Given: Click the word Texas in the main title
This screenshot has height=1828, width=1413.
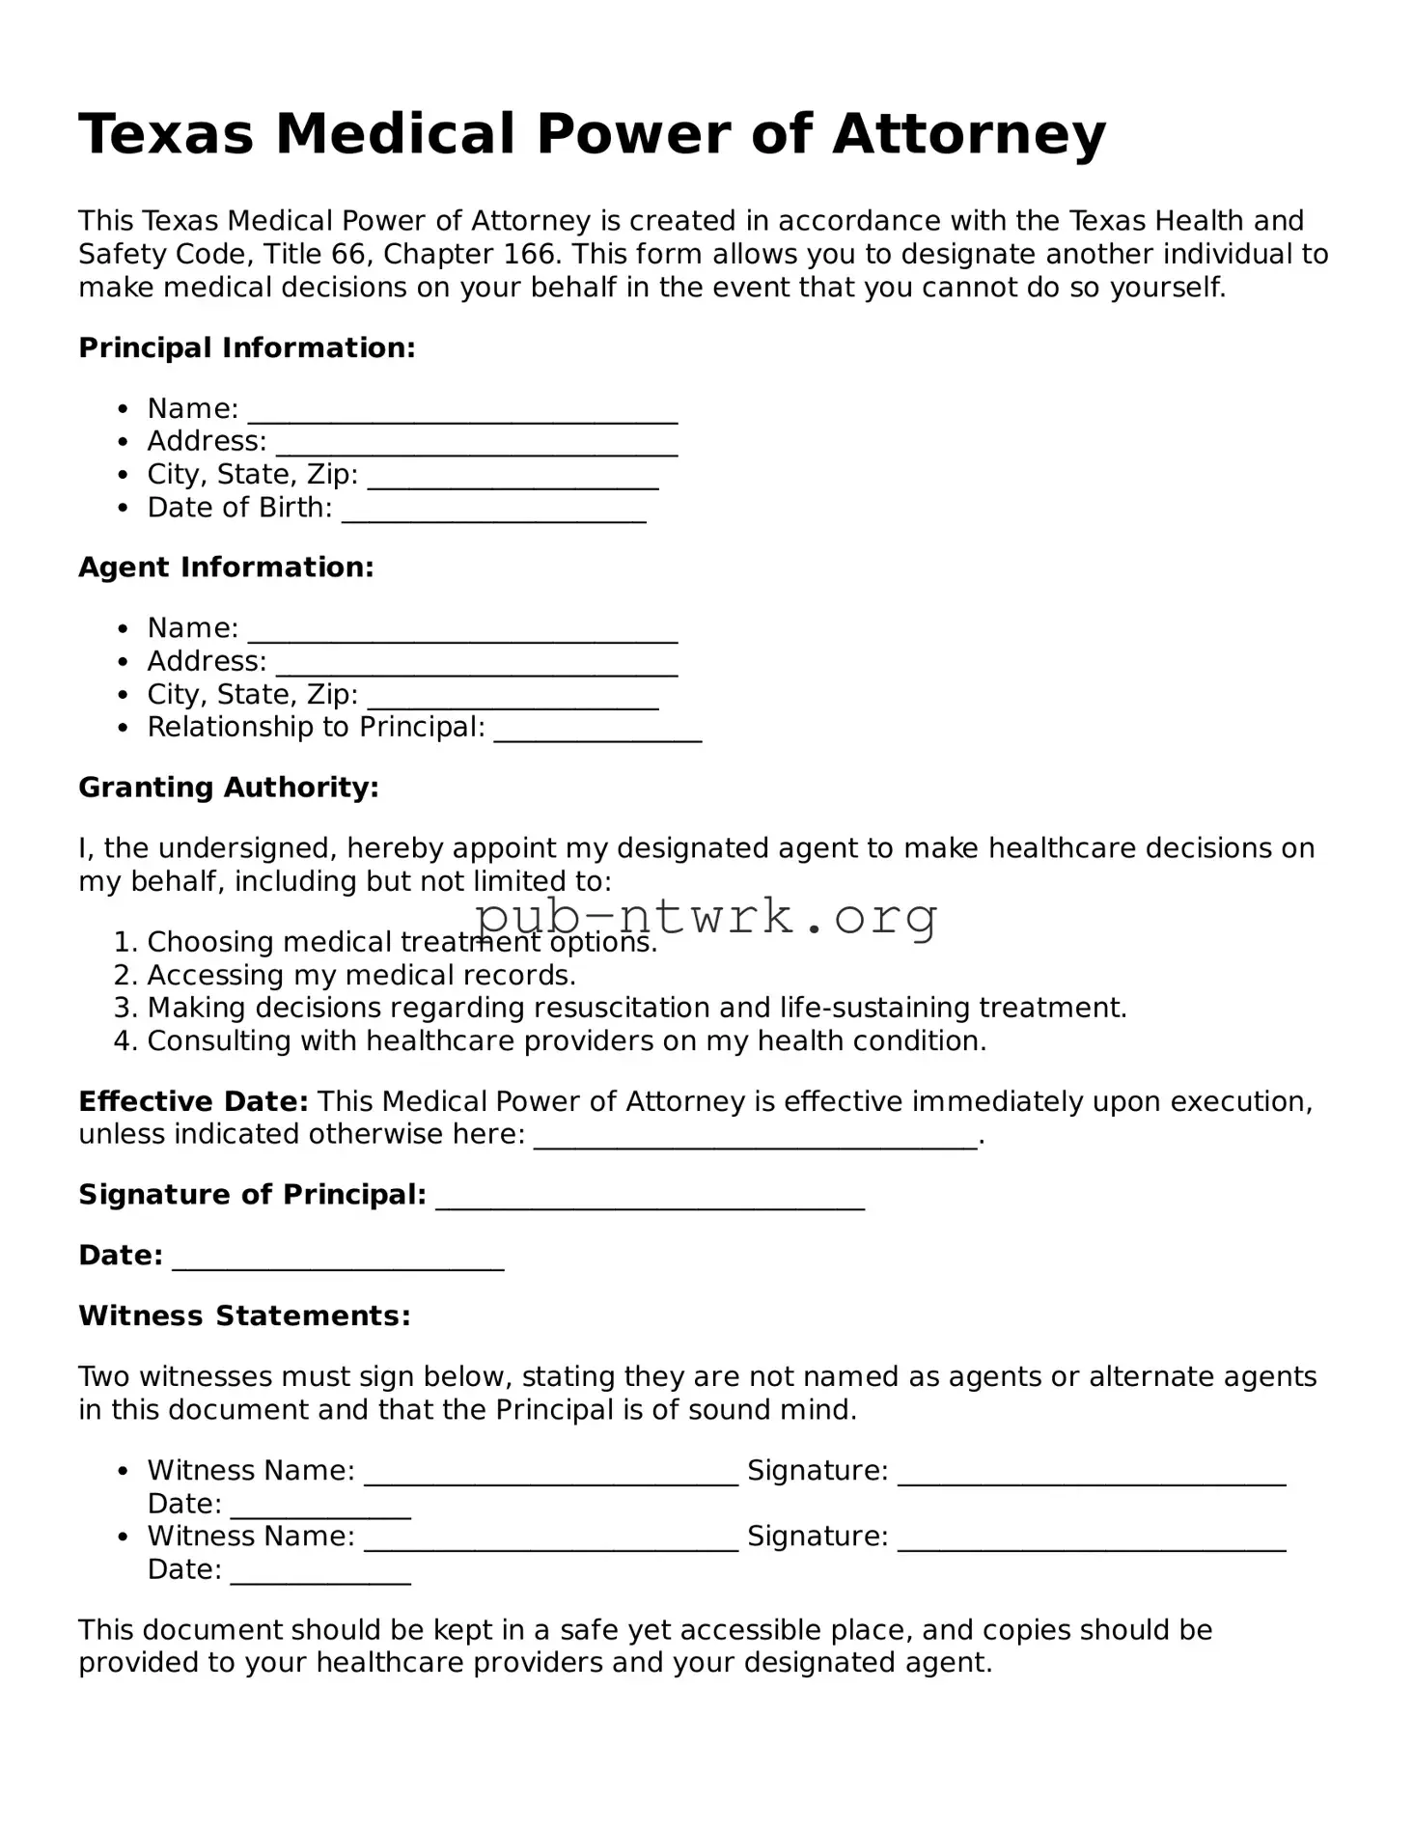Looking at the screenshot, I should (x=166, y=134).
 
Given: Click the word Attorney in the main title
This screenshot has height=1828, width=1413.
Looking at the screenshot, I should (x=968, y=134).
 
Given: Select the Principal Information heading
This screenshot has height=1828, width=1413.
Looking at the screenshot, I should (x=246, y=347).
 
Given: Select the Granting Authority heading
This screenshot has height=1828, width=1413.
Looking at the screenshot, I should (x=229, y=788).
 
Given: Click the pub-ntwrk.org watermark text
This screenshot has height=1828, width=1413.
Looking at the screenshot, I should (x=706, y=916).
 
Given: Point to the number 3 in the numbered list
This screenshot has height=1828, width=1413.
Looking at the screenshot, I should (x=123, y=1009).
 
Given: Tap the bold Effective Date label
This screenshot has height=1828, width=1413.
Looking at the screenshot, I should (x=193, y=1101).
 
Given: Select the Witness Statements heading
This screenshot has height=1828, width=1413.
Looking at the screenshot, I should (x=244, y=1316).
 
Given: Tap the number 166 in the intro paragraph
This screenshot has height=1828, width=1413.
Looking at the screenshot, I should (x=529, y=255).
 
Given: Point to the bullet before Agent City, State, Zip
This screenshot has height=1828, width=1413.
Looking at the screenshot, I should (x=122, y=695).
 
